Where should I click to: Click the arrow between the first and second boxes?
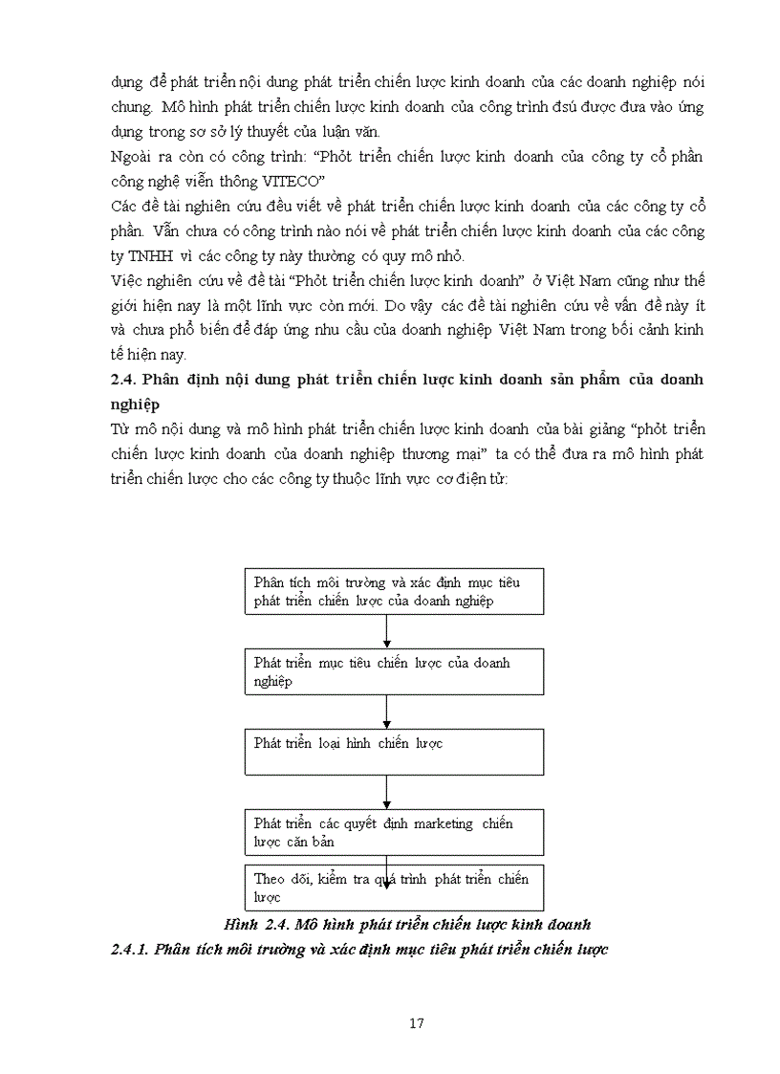coord(386,631)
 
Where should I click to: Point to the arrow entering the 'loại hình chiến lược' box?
coord(386,712)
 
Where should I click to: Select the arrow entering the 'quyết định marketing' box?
coord(386,792)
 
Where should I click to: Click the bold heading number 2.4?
coord(124,380)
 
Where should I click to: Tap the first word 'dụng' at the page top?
coord(126,82)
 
